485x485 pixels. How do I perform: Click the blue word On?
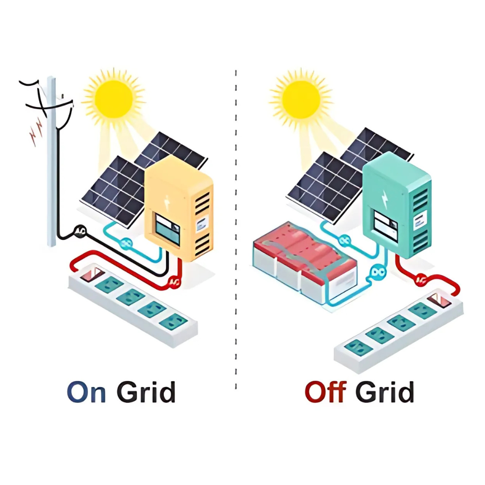tap(86, 392)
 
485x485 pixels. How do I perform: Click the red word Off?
tap(325, 392)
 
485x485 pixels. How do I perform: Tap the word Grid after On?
tap(146, 392)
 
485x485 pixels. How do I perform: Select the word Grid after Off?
tap(384, 392)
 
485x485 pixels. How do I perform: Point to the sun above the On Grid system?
tap(114, 97)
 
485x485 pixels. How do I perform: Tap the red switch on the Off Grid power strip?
tap(437, 300)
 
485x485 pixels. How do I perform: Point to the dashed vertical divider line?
tap(236, 225)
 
